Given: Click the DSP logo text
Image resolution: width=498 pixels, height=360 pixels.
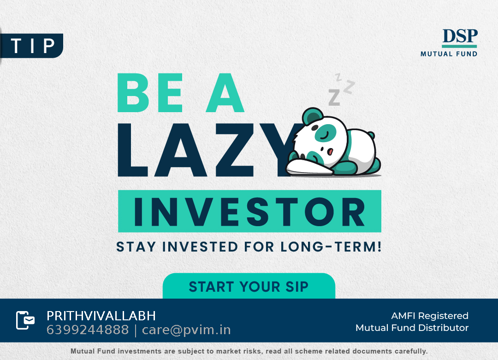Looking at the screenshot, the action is pos(460,36).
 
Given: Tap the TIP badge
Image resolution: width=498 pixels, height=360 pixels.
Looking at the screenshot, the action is pos(32,46).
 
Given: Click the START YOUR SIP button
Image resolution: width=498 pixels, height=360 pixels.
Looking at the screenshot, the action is pos(249,286).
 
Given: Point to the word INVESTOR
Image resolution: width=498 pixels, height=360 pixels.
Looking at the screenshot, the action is pos(249,211).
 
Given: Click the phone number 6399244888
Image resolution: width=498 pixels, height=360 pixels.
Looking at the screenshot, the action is pos(88,330).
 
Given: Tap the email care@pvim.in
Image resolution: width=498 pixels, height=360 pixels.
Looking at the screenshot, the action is pos(186,330).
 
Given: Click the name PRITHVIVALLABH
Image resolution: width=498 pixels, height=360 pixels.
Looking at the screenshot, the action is pos(101,316).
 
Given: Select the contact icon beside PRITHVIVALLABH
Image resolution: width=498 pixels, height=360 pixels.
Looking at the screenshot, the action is pos(25,320).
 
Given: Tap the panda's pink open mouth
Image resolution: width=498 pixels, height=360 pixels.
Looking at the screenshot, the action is pos(330,151).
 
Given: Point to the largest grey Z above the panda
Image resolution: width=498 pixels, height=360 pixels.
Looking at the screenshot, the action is pos(334,97).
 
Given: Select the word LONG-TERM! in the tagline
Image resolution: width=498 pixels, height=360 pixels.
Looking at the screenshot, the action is pos(331,247).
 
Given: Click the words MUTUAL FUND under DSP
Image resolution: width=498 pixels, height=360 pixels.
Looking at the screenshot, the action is pos(449,54).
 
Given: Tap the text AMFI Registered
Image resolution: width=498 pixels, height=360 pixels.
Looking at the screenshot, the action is pos(430,316).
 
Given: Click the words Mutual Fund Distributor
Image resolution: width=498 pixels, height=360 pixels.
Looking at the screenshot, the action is pos(412,328).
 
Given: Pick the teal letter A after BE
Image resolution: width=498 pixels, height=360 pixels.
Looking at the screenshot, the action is pos(225,93).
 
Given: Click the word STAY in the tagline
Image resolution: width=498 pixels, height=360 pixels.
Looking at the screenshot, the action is pos(136,247).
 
